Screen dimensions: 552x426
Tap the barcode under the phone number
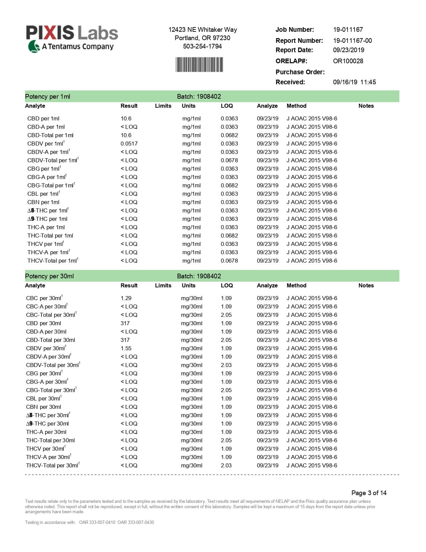point(199,65)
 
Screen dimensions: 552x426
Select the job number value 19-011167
point(348,29)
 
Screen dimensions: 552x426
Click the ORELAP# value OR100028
point(348,61)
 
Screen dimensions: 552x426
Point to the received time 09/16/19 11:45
point(354,82)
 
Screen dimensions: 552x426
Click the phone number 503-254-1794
point(202,46)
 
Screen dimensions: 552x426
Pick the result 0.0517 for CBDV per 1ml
point(129,144)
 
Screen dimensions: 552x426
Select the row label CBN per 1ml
point(43,202)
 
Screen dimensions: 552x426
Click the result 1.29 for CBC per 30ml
point(126,298)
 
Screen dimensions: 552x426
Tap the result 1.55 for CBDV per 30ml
point(126,348)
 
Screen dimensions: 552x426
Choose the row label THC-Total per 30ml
point(50,440)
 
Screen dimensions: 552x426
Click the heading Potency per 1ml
point(47,96)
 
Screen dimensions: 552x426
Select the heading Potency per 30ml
point(49,276)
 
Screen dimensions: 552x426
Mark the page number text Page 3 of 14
point(369,493)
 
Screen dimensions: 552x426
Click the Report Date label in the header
point(294,50)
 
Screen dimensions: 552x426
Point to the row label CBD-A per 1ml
point(46,127)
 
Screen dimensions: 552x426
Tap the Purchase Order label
point(300,72)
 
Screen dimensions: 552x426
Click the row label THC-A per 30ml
point(46,432)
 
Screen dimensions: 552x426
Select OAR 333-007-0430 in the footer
point(136,522)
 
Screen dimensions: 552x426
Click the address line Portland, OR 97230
point(202,38)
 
